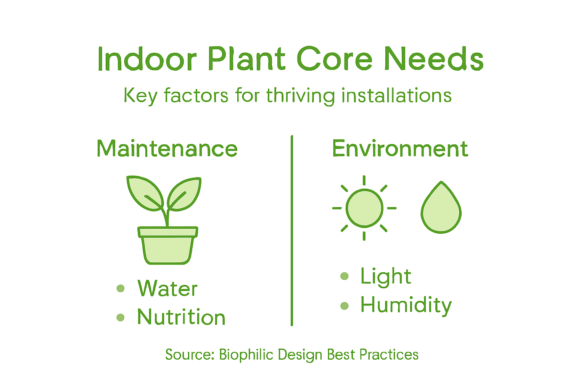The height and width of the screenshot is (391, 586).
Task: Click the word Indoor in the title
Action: coord(147,60)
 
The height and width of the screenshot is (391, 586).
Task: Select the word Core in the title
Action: coord(335,60)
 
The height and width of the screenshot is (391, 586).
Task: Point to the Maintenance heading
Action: coord(167,149)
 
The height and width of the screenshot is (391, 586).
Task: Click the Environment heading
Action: coord(400,149)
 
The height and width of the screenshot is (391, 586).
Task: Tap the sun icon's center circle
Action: coord(364,208)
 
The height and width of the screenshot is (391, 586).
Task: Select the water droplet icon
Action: coord(441,210)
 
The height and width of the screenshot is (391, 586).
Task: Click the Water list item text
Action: coord(167,288)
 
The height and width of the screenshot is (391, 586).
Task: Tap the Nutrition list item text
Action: coord(181,317)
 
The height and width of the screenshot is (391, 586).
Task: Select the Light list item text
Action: coord(386,276)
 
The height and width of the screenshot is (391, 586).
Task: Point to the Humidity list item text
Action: coord(406,305)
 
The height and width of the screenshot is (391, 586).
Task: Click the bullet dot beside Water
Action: coord(121,288)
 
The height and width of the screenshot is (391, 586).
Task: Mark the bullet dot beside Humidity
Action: coord(345,305)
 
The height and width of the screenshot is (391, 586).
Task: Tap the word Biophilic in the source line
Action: coord(246,355)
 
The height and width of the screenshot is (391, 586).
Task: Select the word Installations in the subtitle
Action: coord(396,95)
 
